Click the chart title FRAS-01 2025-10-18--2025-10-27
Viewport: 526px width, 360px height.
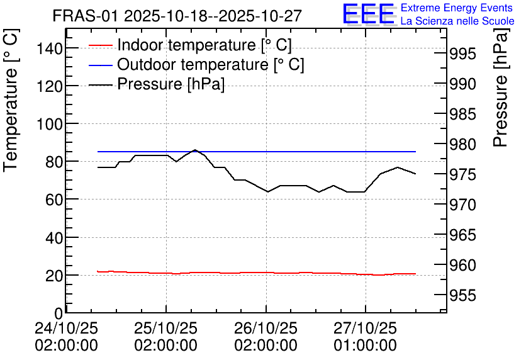tap(177, 16)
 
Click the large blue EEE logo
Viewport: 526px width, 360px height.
tap(368, 14)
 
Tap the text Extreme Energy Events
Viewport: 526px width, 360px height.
tap(457, 8)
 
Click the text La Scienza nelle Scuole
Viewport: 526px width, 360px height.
tap(457, 21)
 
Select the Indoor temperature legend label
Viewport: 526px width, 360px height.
tap(204, 45)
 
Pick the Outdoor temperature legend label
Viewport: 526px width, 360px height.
tap(210, 64)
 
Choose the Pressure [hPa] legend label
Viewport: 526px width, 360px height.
tap(171, 84)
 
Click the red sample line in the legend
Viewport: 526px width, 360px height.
tap(100, 45)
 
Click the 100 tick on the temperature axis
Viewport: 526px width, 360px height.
tap(49, 125)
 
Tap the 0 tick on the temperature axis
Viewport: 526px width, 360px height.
tap(59, 313)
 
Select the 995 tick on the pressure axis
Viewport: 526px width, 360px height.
tap(462, 53)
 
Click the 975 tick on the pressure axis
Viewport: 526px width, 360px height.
tap(462, 174)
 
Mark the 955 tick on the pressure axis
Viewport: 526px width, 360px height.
tap(462, 296)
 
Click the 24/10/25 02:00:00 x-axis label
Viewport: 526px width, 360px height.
tap(67, 337)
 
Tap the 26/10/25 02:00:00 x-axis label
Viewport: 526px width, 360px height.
tap(266, 337)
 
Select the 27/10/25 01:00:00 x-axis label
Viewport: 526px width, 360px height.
tap(365, 337)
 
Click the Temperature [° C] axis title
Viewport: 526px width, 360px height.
tap(11, 101)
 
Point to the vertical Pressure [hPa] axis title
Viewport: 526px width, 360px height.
tap(500, 87)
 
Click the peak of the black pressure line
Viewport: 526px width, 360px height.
tap(195, 150)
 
